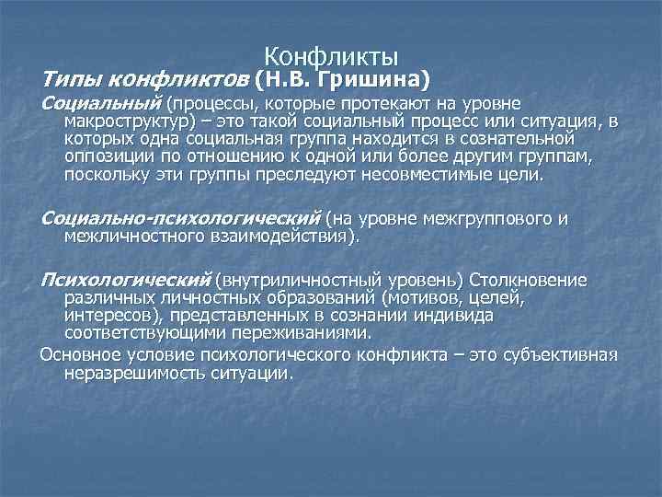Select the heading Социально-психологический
(180, 218)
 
